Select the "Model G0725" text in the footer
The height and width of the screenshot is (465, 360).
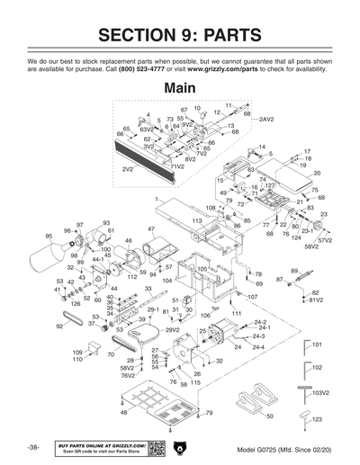pos(261,448)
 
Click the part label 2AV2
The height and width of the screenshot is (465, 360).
pos(267,119)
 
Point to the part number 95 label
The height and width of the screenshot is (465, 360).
pos(49,237)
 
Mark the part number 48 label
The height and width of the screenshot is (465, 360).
pos(123,412)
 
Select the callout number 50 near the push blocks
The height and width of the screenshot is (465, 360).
pos(270,416)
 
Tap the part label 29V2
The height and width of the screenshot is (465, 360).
pos(173,330)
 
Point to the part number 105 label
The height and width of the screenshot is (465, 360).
pos(202,268)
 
